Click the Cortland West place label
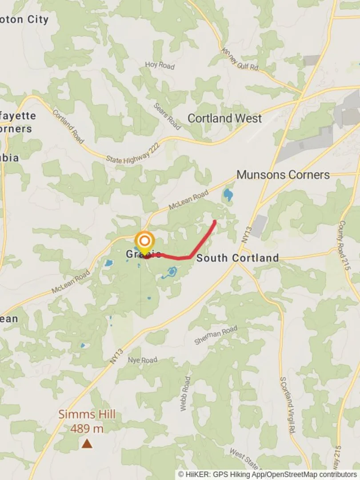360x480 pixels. pos(224,118)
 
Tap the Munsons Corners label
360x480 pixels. pos(283,175)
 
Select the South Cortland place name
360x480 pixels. pos(237,258)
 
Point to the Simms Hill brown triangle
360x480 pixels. pos(87,443)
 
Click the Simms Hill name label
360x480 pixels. pos(87,415)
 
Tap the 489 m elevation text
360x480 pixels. pos(87,428)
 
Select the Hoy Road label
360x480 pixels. pos(160,65)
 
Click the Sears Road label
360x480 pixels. pos(167,116)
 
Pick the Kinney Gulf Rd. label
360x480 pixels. pos(240,60)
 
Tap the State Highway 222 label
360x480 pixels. pos(132,155)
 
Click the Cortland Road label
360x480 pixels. pos(68,126)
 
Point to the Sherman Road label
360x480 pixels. pos(216,335)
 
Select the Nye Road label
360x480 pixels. pos(143,360)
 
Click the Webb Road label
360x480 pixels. pos(185,394)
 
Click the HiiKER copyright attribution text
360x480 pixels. pos(268,474)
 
